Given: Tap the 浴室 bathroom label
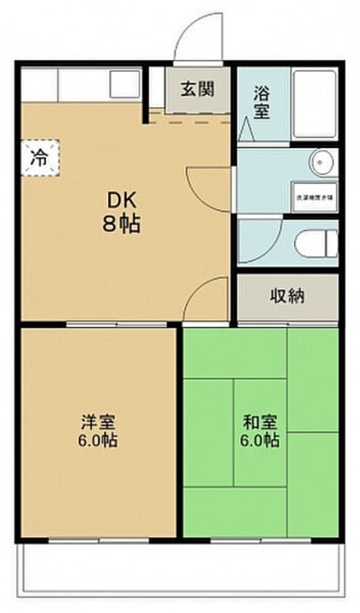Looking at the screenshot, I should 262,101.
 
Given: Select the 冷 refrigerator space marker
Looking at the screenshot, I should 39,158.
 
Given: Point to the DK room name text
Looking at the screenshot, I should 121,202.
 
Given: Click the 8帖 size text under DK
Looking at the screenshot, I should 122,226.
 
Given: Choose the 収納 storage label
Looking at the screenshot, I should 286,296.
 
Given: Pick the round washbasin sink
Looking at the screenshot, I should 321,162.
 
